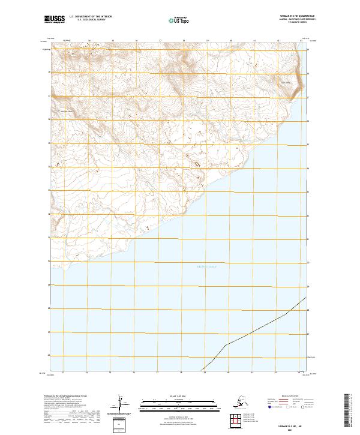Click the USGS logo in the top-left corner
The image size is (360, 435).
click(53, 20)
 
